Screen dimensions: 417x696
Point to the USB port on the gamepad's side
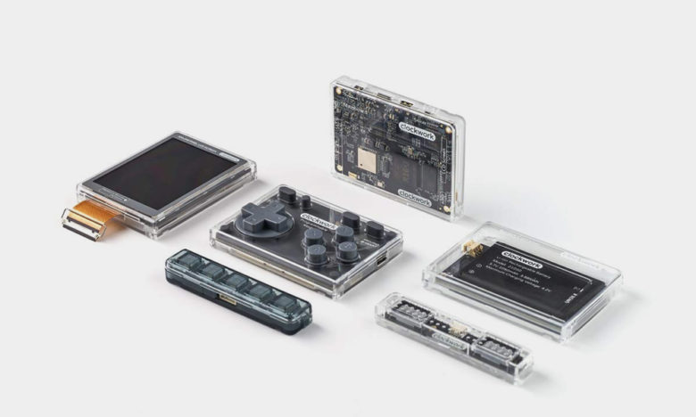tap(382, 261)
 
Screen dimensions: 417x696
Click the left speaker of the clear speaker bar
tap(410, 313)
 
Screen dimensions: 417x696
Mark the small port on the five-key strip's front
tap(227, 299)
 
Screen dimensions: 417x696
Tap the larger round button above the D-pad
tap(287, 192)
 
